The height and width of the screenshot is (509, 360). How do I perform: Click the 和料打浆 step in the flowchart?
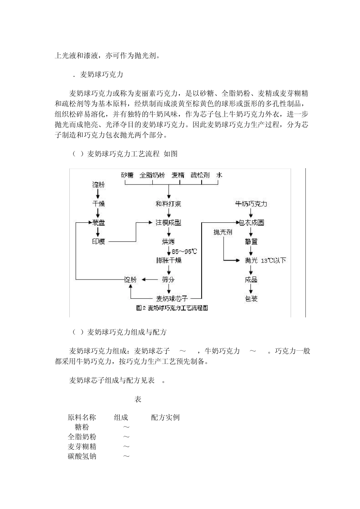click(x=168, y=204)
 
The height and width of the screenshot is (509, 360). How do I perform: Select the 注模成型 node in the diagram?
click(x=168, y=223)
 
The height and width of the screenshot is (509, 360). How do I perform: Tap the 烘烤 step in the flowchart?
click(x=168, y=242)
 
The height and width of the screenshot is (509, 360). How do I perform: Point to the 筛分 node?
click(x=168, y=280)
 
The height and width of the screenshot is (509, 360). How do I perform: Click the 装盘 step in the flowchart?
click(x=99, y=223)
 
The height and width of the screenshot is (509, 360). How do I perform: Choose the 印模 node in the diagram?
click(x=99, y=242)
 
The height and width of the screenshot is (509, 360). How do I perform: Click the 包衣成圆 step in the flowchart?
click(x=251, y=223)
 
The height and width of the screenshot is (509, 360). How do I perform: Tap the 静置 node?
click(x=251, y=242)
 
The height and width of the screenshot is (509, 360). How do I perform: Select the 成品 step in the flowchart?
click(x=251, y=280)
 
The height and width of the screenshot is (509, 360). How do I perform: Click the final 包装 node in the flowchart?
click(x=251, y=299)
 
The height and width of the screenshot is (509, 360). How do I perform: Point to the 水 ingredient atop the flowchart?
click(x=219, y=175)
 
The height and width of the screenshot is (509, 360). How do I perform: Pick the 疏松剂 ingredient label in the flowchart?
click(x=200, y=175)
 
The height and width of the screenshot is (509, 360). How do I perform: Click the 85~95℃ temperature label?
click(x=185, y=251)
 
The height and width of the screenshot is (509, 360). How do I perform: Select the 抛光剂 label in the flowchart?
click(x=222, y=232)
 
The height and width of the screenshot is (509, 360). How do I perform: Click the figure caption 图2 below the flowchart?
click(x=172, y=308)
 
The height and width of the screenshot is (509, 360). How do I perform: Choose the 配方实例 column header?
click(x=165, y=418)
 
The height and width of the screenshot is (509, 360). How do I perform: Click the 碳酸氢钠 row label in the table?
click(x=82, y=456)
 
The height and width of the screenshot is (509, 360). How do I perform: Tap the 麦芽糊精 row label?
click(x=82, y=447)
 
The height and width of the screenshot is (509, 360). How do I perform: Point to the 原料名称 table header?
click(x=82, y=418)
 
